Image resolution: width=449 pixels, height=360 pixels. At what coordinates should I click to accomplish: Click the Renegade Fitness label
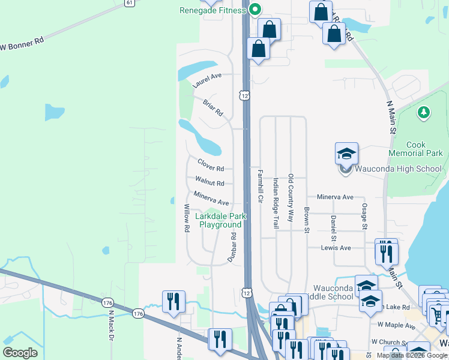point(212,10)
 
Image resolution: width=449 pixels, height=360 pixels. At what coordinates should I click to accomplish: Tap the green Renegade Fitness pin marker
point(255,10)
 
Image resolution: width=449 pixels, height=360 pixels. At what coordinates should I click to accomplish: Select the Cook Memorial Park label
point(424,149)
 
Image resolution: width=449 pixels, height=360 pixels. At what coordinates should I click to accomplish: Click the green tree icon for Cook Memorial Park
point(424,112)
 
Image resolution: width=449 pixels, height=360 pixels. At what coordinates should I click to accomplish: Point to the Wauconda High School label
point(397,169)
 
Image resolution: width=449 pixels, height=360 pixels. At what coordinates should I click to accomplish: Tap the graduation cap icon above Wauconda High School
point(346,154)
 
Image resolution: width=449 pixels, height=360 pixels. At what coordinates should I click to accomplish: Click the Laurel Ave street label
point(207,80)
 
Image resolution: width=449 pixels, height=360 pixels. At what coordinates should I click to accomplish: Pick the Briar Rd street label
point(213,108)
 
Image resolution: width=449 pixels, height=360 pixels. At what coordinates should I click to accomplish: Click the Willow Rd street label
point(187,218)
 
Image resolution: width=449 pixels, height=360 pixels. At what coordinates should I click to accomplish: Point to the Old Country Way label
point(291,198)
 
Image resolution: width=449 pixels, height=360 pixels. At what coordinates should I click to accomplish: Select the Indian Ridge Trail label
point(276,203)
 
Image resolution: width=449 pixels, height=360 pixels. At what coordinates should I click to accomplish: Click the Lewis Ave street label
point(336,247)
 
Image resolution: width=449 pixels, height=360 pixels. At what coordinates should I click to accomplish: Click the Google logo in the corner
point(20,353)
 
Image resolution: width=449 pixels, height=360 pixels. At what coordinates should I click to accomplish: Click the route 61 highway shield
point(130,3)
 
